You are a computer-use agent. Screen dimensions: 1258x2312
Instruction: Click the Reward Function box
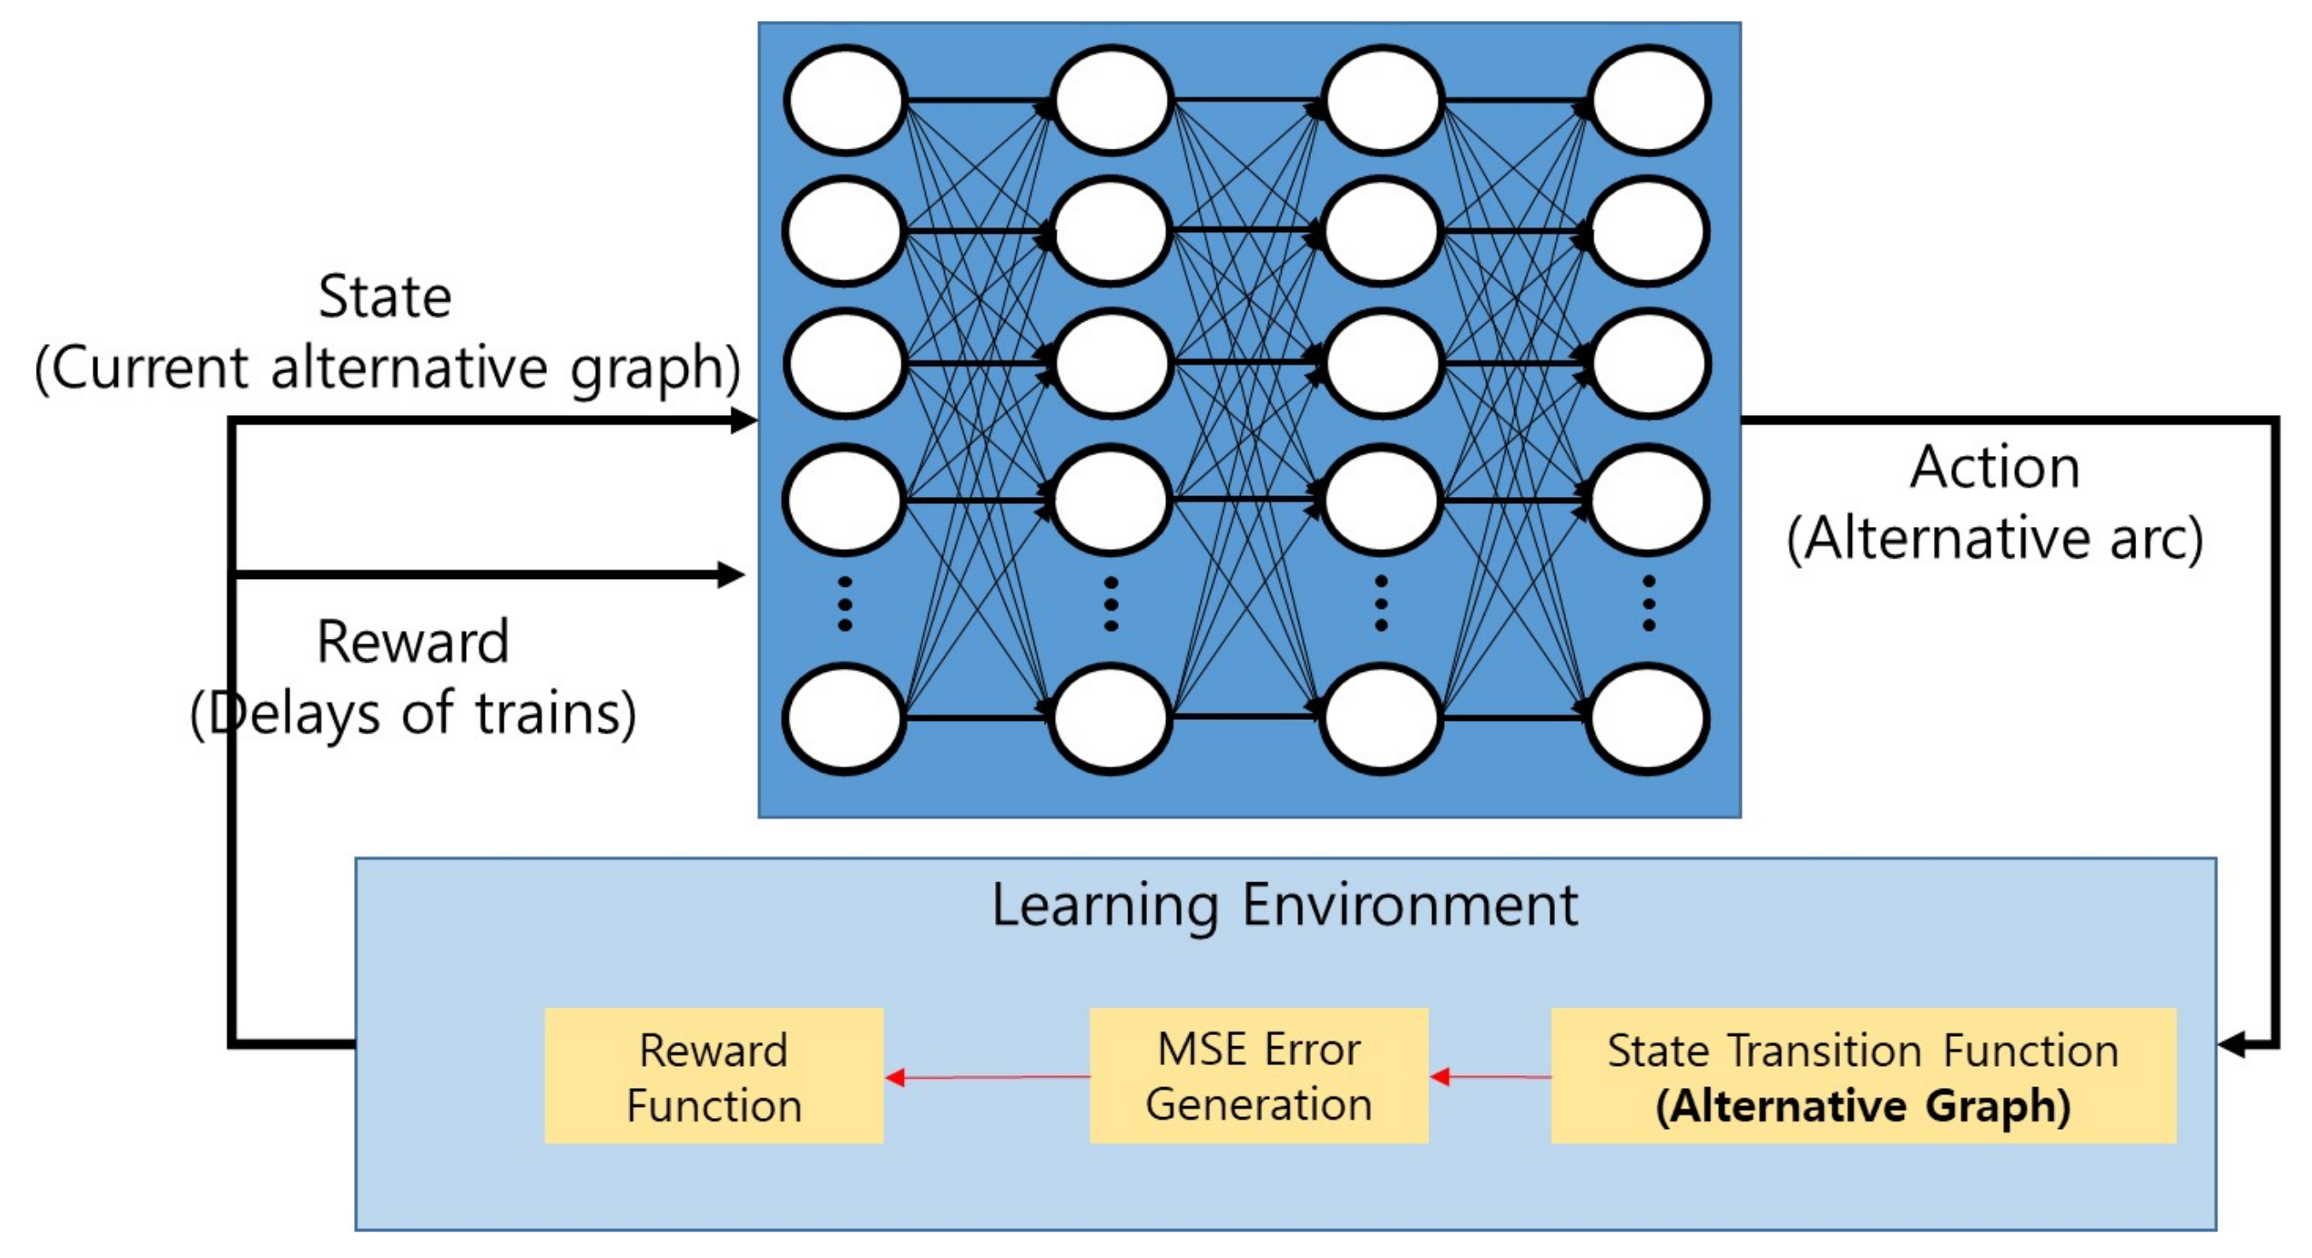(x=713, y=1076)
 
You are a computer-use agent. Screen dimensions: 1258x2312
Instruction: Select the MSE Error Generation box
(x=1258, y=1076)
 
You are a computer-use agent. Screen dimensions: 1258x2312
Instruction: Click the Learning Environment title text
(x=1284, y=905)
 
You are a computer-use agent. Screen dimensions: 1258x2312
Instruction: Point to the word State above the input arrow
(x=384, y=297)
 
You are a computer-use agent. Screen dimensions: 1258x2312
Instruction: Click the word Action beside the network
(x=1995, y=468)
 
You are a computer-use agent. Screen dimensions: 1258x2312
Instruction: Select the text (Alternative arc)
(x=1995, y=539)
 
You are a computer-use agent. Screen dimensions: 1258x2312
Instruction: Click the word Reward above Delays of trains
(x=413, y=643)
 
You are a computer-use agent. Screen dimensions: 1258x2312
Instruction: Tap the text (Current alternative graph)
(x=387, y=368)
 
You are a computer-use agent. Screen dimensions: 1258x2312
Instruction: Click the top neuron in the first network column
(x=845, y=101)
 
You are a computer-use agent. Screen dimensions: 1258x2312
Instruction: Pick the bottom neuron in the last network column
(x=1648, y=718)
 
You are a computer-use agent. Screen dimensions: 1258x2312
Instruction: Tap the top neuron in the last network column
(x=1648, y=101)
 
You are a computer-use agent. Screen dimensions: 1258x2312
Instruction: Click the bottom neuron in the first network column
(x=845, y=718)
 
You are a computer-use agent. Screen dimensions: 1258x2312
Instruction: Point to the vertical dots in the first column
(x=845, y=605)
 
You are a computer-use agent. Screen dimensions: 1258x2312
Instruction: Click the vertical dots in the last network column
(x=1648, y=605)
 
